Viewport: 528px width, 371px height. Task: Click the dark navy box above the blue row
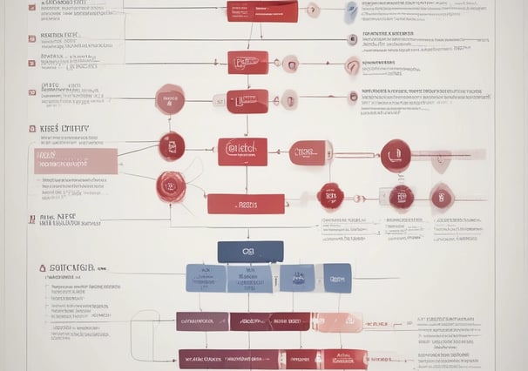(250, 252)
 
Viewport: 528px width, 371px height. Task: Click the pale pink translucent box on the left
(76, 160)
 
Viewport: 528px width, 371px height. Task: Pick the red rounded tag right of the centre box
(309, 153)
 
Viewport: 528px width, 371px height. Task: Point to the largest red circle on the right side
(396, 155)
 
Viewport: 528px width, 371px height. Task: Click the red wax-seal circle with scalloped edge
(171, 185)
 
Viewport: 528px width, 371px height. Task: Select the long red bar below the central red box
(246, 204)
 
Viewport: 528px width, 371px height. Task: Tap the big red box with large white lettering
(242, 152)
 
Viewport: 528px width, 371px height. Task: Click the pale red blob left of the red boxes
(169, 99)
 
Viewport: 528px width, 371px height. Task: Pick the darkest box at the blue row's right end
(337, 278)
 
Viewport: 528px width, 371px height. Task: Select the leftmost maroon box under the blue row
(202, 321)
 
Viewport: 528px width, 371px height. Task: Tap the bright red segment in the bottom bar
(300, 358)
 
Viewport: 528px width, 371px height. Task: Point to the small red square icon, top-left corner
(32, 7)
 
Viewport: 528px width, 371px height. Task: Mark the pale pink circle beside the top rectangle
(312, 10)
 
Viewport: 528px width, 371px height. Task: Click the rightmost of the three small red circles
(442, 196)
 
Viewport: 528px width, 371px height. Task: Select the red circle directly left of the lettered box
(172, 146)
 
